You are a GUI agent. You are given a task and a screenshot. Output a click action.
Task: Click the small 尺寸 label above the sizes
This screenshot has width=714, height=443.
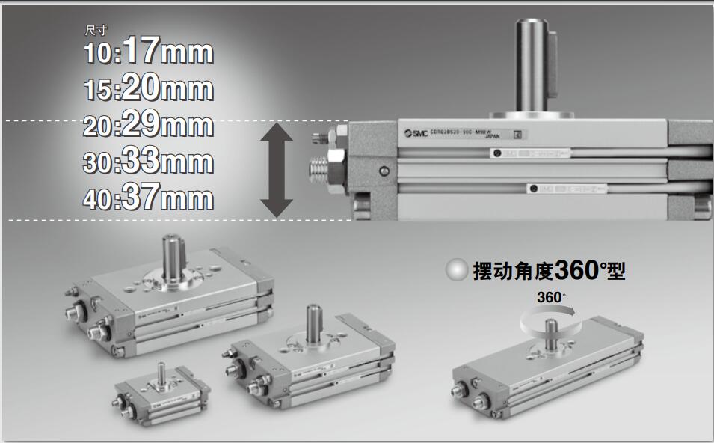pyautogui.click(x=96, y=31)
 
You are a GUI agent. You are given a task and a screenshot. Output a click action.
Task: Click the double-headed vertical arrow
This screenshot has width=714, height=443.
pyautogui.click(x=277, y=171)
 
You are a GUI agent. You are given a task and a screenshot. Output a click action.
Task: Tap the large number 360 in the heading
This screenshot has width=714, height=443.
pyautogui.click(x=575, y=269)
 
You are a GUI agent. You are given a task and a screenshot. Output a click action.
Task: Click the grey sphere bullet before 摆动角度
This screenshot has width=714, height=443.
pyautogui.click(x=456, y=270)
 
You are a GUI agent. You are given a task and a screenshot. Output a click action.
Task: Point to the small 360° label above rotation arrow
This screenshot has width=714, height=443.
pyautogui.click(x=551, y=298)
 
